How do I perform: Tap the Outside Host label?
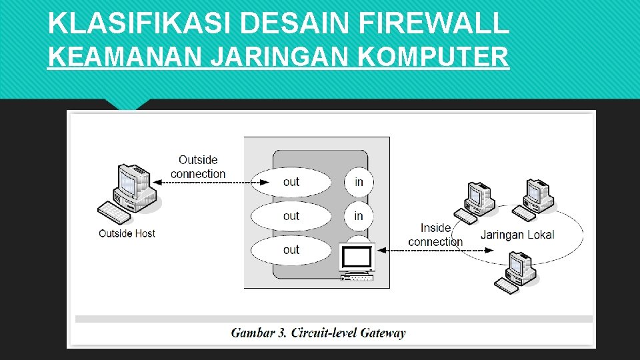coord(127,233)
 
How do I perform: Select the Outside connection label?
coord(198,167)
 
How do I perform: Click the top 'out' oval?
coord(291,182)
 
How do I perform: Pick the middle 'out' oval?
coord(291,216)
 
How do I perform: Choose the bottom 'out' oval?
coord(291,250)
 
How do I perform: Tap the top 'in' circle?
coord(359,182)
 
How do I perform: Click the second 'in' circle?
coord(359,216)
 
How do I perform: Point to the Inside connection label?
coord(435,235)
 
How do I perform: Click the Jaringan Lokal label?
coord(517,235)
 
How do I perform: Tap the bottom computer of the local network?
coord(516,272)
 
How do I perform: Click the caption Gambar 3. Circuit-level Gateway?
coord(318,333)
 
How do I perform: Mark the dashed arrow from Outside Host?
coord(207,182)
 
